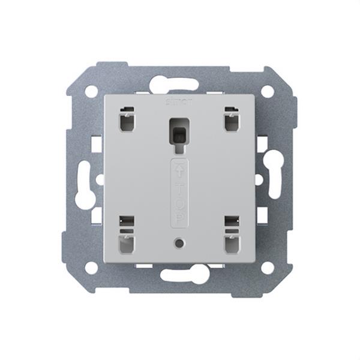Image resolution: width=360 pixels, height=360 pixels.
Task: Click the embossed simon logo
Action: click(x=179, y=101)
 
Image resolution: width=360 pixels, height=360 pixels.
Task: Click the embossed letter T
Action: click(x=179, y=186)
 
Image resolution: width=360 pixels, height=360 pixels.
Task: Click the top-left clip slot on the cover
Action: click(x=127, y=120)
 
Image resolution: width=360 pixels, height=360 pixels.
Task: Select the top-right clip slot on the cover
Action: click(x=232, y=120)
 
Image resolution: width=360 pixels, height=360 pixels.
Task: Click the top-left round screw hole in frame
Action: click(x=91, y=91)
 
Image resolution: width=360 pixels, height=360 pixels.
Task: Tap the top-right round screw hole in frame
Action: click(x=268, y=91)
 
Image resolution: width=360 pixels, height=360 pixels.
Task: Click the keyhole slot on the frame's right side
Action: click(x=274, y=178)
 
